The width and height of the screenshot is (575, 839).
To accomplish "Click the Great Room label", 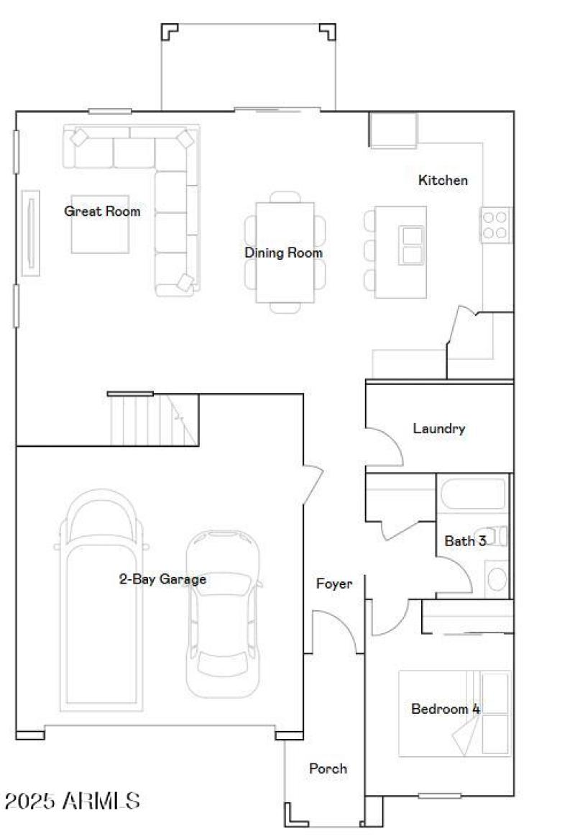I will tap(102, 212).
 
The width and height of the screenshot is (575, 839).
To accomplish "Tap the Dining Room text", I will tap(283, 253).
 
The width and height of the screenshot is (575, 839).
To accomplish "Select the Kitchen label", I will tap(443, 181).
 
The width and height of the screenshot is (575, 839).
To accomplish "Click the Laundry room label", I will tap(438, 429).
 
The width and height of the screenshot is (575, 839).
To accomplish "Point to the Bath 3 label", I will tap(465, 541).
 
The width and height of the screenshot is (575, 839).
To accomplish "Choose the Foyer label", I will tap(334, 584).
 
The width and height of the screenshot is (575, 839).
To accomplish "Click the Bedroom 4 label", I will tap(445, 709).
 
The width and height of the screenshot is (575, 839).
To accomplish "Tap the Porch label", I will tap(328, 768).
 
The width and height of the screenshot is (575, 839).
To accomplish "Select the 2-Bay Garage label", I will tap(162, 579).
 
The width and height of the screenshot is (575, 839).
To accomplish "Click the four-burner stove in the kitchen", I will tap(495, 224).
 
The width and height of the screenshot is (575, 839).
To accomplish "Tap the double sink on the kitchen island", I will tap(412, 245).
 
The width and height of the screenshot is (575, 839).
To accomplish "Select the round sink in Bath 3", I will tap(496, 579).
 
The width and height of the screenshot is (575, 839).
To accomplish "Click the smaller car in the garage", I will tap(223, 612).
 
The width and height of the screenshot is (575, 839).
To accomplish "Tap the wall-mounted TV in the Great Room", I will tap(30, 232).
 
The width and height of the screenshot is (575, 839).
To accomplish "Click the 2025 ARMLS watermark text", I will tap(72, 800).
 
